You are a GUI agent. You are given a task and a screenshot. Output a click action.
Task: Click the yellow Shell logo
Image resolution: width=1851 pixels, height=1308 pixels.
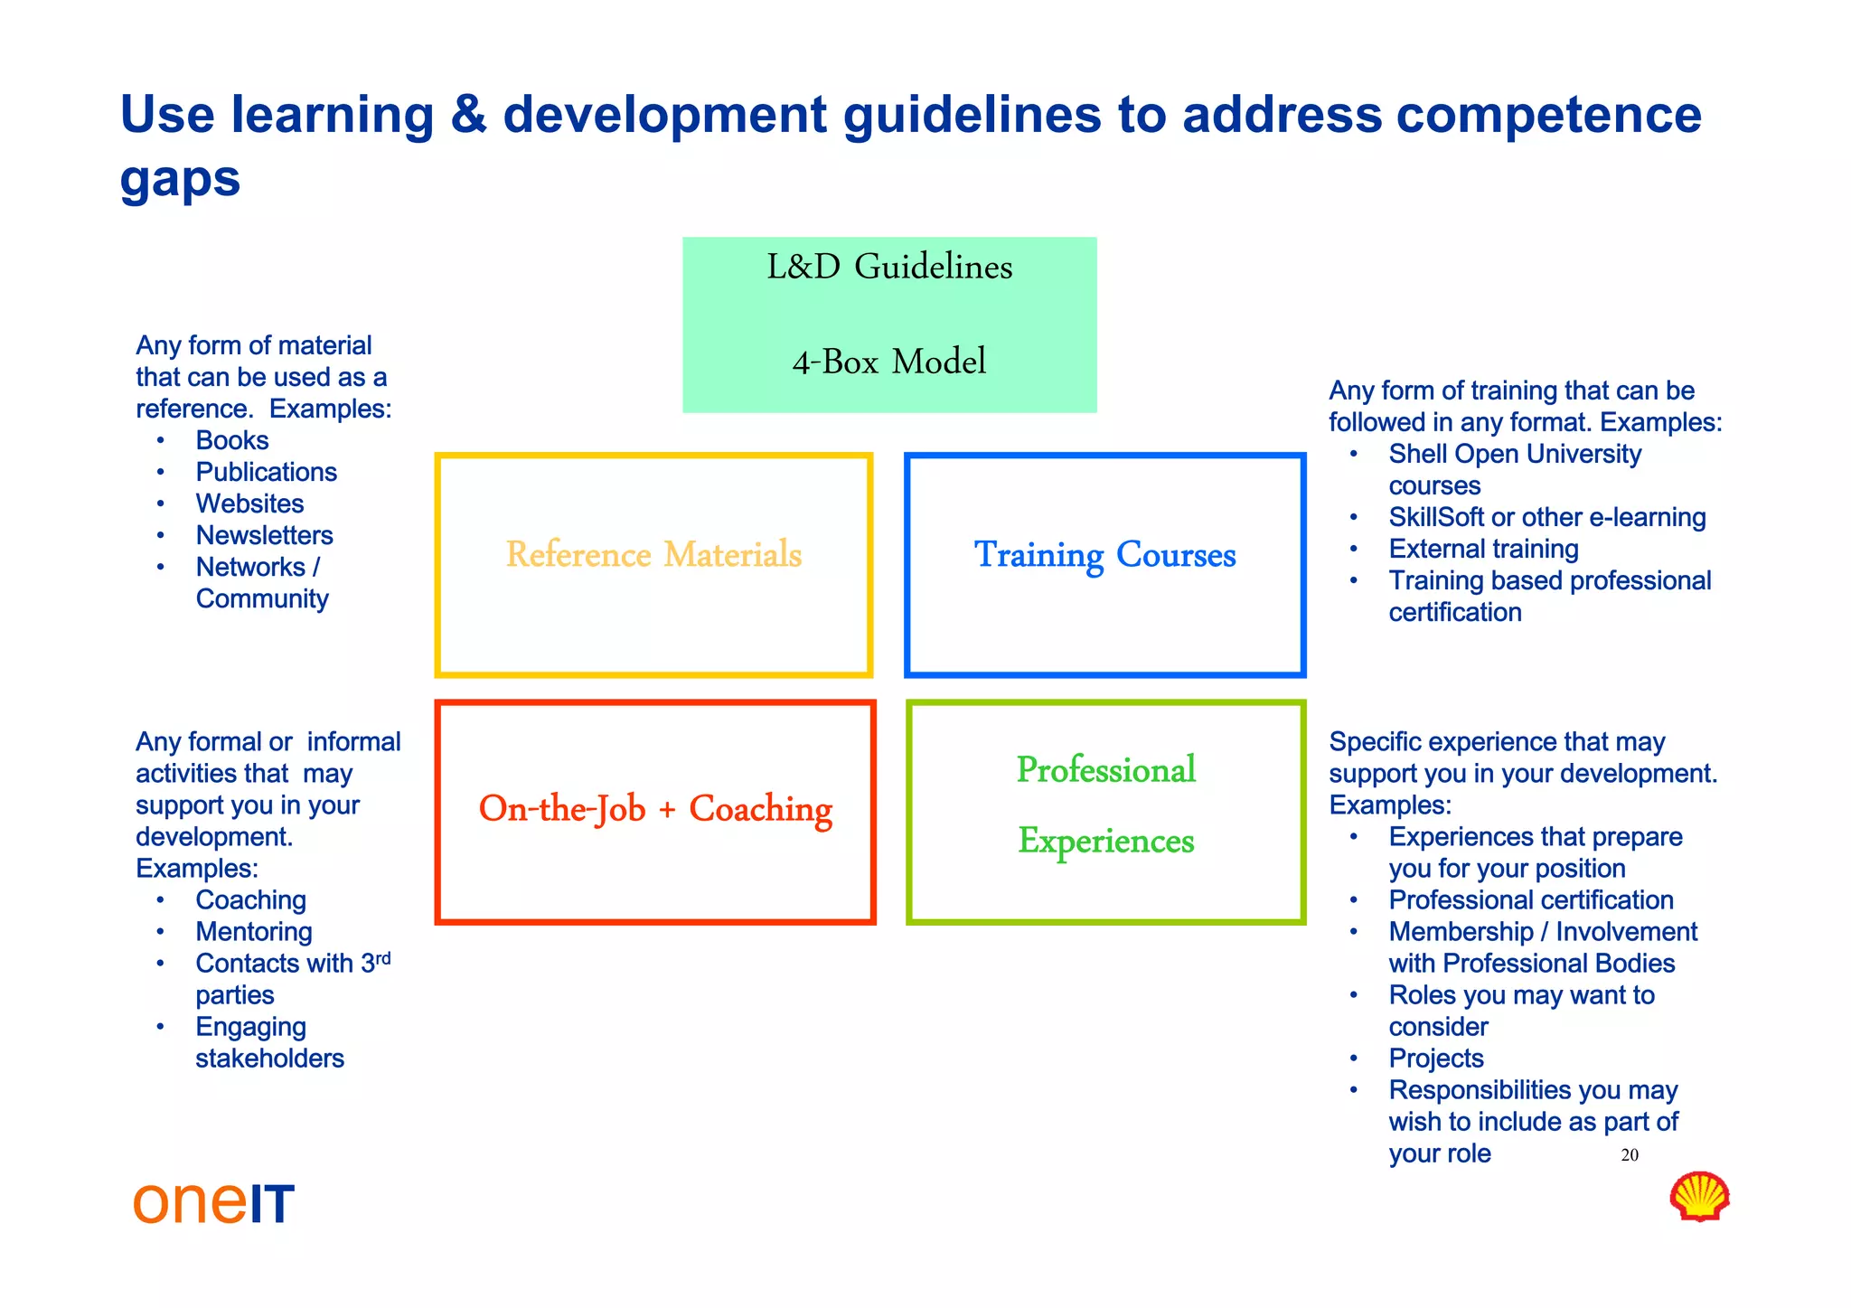point(1699,1197)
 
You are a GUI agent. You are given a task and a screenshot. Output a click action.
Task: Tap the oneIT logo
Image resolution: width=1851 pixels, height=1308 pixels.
point(214,1203)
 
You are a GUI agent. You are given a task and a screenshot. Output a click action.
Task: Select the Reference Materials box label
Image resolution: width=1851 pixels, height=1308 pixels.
point(653,554)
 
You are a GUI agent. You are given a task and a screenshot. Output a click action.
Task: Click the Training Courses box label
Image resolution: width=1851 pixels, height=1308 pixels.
point(1104,554)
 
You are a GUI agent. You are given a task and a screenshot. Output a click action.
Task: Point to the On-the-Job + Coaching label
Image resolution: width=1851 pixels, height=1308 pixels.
point(655,809)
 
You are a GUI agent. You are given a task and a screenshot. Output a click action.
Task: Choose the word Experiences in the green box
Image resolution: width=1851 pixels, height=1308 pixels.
point(1105,841)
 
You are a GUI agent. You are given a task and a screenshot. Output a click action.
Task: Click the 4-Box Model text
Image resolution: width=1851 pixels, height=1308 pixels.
point(888,362)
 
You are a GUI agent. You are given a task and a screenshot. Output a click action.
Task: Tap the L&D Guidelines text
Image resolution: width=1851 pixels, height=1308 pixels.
point(889,267)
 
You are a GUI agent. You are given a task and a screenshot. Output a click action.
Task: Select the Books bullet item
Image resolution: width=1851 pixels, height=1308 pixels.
point(232,440)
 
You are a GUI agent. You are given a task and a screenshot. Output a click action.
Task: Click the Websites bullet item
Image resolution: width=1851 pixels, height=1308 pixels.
point(249,503)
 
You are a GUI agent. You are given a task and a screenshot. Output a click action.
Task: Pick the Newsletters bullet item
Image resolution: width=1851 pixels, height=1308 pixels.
point(264,535)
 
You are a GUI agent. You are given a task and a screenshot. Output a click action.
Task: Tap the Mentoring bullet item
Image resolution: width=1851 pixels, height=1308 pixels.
point(254,931)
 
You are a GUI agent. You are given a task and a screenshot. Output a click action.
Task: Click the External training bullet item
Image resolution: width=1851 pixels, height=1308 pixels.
point(1483,549)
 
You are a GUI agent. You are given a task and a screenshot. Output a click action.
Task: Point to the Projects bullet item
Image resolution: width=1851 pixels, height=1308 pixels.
point(1436,1058)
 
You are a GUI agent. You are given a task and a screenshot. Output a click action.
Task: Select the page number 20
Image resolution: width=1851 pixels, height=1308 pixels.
point(1630,1155)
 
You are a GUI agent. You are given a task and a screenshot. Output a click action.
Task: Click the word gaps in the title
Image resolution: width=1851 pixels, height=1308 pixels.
point(180,178)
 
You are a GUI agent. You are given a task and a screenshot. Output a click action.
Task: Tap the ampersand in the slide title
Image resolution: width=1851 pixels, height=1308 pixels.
point(467,115)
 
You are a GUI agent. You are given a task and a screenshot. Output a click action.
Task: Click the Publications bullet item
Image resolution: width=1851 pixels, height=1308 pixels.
point(266,472)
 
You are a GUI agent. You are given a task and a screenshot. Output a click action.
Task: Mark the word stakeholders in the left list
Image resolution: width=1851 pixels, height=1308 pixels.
point(269,1058)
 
